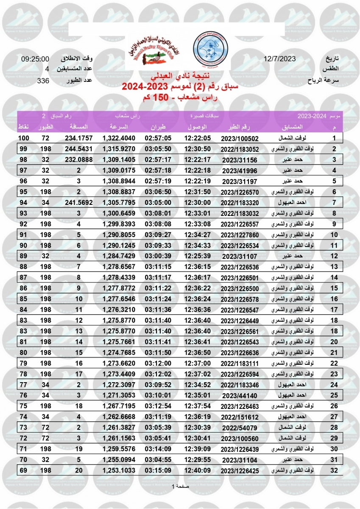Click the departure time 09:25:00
pos(35,59)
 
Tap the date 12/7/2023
pos(279,59)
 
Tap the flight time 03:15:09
pos(158,470)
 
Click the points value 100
pos(23,138)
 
